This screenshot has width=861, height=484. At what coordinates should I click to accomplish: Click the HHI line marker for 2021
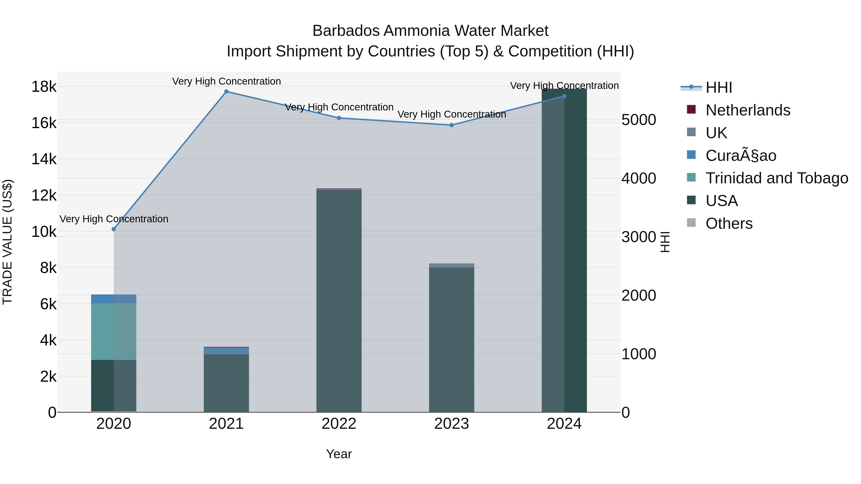(x=226, y=92)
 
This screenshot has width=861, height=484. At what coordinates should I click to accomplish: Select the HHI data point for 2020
(x=114, y=229)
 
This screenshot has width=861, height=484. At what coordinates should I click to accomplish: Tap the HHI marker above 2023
(x=452, y=125)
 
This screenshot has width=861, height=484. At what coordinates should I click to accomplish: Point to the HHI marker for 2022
(x=339, y=118)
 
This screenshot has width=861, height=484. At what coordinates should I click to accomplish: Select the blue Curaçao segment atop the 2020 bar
(x=114, y=299)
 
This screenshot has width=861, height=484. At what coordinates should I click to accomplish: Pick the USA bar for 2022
(x=339, y=301)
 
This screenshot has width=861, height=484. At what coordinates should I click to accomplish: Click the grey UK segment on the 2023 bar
(x=452, y=266)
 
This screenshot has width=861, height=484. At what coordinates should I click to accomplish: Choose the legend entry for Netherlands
(x=747, y=110)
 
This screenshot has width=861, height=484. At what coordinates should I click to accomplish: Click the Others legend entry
(x=729, y=223)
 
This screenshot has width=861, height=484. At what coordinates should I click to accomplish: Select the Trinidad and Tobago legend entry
(x=776, y=178)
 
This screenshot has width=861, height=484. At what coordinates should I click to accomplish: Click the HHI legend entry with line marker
(x=719, y=87)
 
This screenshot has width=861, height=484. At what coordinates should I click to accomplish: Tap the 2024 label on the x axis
(x=564, y=424)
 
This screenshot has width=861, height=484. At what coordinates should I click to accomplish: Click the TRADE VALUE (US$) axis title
(x=7, y=242)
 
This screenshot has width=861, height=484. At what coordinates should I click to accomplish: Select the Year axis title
(x=339, y=454)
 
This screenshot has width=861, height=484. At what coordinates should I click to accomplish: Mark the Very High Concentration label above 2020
(x=114, y=219)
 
